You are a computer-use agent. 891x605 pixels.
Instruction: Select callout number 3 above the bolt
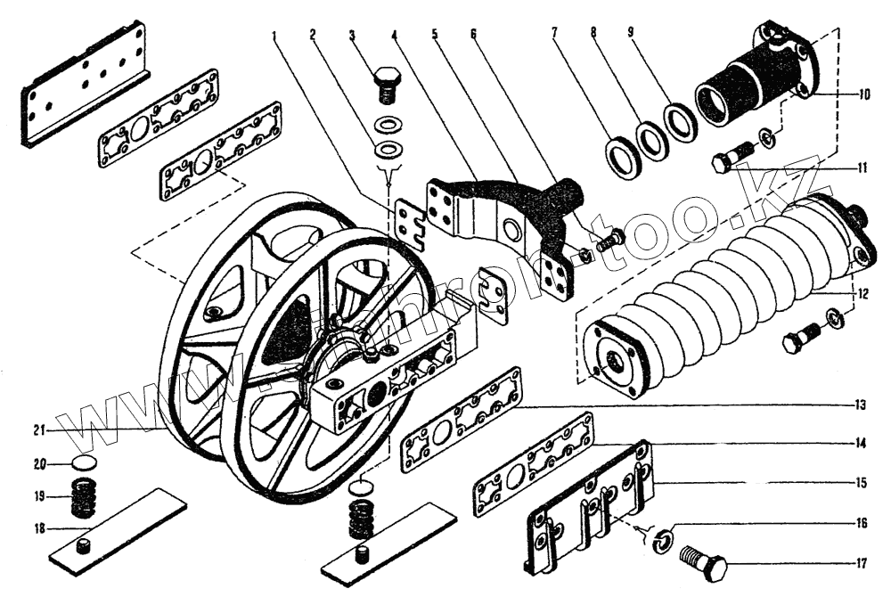pos(352,36)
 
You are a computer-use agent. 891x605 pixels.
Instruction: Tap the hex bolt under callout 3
pos(387,83)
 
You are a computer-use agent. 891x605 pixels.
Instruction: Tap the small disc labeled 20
pos(83,463)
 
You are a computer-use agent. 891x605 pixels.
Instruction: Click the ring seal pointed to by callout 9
pos(682,120)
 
